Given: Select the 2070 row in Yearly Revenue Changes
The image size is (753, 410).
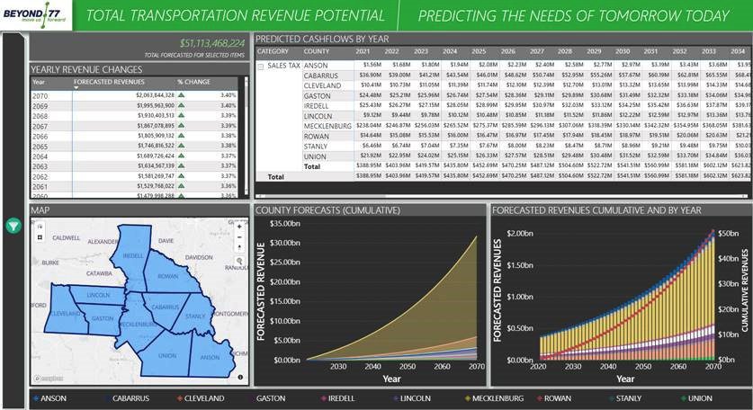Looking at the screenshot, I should click(40, 95).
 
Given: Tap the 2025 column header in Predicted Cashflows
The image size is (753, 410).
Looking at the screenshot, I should click(478, 52).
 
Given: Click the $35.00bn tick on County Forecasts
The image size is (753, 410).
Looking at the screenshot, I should click(287, 224).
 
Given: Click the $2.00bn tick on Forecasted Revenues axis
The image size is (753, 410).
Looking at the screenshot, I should click(519, 234).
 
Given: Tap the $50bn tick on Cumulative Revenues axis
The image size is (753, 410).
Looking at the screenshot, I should click(729, 234).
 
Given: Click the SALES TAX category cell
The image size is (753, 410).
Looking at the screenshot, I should click(283, 66).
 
